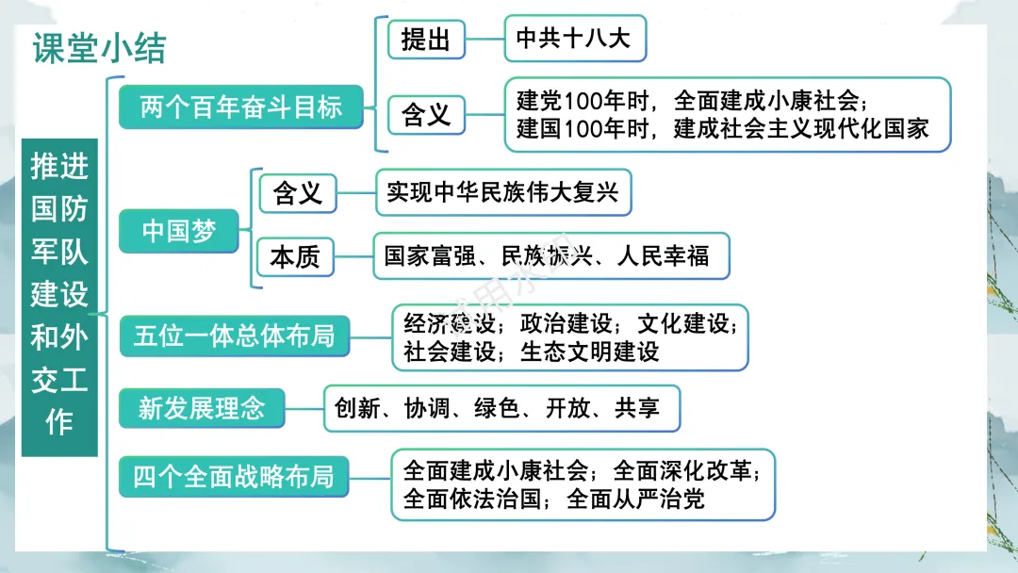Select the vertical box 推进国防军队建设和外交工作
[x=59, y=296]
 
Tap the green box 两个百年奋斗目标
[x=241, y=106]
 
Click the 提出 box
[x=426, y=40]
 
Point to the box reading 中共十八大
[x=574, y=39]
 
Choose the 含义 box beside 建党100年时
[x=426, y=114]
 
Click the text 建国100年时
[x=574, y=129]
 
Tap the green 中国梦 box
[x=179, y=231]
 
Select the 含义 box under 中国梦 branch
[x=297, y=194]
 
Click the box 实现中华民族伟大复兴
[x=502, y=192]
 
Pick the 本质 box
[x=295, y=255]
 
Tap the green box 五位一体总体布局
[x=234, y=336]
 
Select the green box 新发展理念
[x=201, y=408]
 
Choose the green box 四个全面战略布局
[x=234, y=477]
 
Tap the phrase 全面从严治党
[x=635, y=499]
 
